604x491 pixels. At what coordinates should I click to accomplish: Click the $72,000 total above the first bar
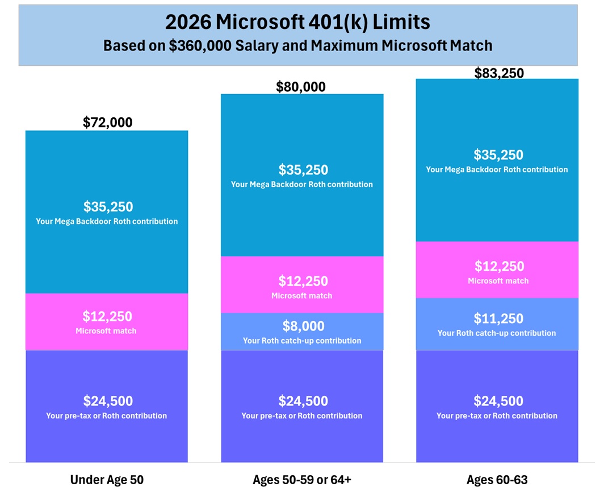coord(107,122)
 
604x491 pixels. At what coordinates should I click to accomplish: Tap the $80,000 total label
coord(301,87)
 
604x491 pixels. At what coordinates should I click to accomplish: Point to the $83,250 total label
coord(499,73)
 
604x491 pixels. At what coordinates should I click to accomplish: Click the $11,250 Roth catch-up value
coord(498,319)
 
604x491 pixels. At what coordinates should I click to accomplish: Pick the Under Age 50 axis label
coord(107,480)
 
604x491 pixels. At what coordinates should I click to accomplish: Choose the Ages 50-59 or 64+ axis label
coord(302,480)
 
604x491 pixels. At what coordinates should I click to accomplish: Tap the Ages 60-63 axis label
coord(497,480)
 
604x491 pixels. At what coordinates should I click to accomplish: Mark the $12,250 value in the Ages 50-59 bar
coord(303,281)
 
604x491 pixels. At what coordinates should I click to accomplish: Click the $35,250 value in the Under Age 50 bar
coord(108,206)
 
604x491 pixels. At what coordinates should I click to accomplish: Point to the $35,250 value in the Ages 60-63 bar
coord(498,155)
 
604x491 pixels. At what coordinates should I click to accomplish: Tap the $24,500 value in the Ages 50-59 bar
coord(303,401)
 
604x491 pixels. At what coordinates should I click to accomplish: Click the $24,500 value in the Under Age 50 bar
coord(108,401)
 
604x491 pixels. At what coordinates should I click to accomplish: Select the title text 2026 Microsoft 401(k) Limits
coord(297,22)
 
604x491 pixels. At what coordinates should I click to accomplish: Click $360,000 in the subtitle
coord(200,45)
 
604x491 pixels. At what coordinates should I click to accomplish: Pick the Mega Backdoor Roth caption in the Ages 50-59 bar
coord(302,184)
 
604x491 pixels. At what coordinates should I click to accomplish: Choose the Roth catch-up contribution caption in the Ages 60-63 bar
coord(497,333)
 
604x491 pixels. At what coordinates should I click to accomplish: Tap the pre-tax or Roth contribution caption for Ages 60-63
coord(497,416)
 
